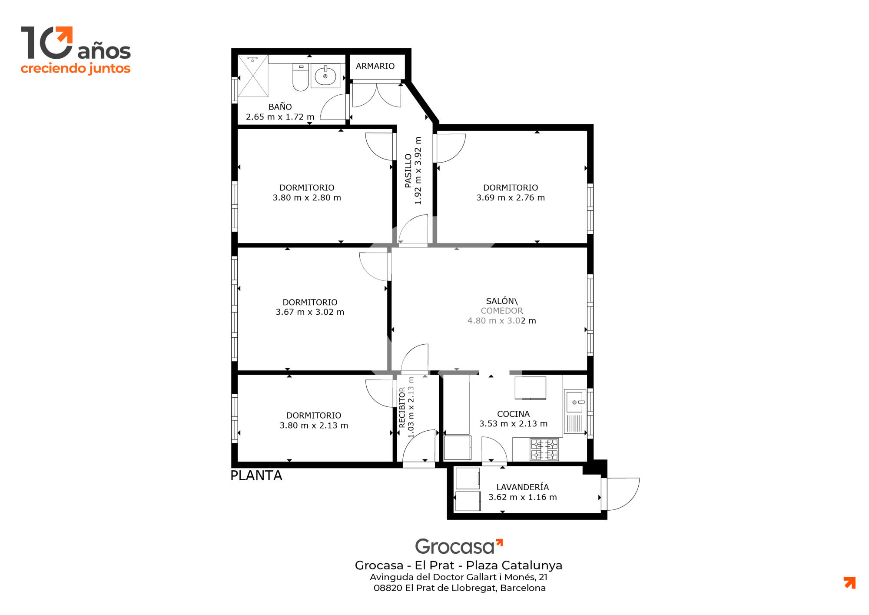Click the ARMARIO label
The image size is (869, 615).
coord(375,66)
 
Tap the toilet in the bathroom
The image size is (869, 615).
coord(300,77)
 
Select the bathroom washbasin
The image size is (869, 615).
coord(325,76)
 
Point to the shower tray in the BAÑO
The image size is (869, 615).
coord(253,76)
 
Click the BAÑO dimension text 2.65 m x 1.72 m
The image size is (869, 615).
coord(280,117)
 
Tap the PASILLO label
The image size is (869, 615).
coord(408,170)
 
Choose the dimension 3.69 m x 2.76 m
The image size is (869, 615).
coord(511,198)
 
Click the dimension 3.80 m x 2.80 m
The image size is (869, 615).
coord(307,198)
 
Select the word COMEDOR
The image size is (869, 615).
coord(502,311)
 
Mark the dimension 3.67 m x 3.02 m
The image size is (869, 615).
coord(310,312)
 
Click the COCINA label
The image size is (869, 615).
coord(513,414)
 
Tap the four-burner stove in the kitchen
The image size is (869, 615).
coord(544,449)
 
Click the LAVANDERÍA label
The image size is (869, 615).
coord(523,487)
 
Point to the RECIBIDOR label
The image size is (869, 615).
coord(402,408)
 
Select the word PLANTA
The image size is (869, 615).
coord(256,475)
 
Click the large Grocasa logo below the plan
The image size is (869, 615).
coord(459,547)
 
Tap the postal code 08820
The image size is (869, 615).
coord(388,588)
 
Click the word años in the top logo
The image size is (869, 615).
coord(104,51)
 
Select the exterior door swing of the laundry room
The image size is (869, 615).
coord(623,494)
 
